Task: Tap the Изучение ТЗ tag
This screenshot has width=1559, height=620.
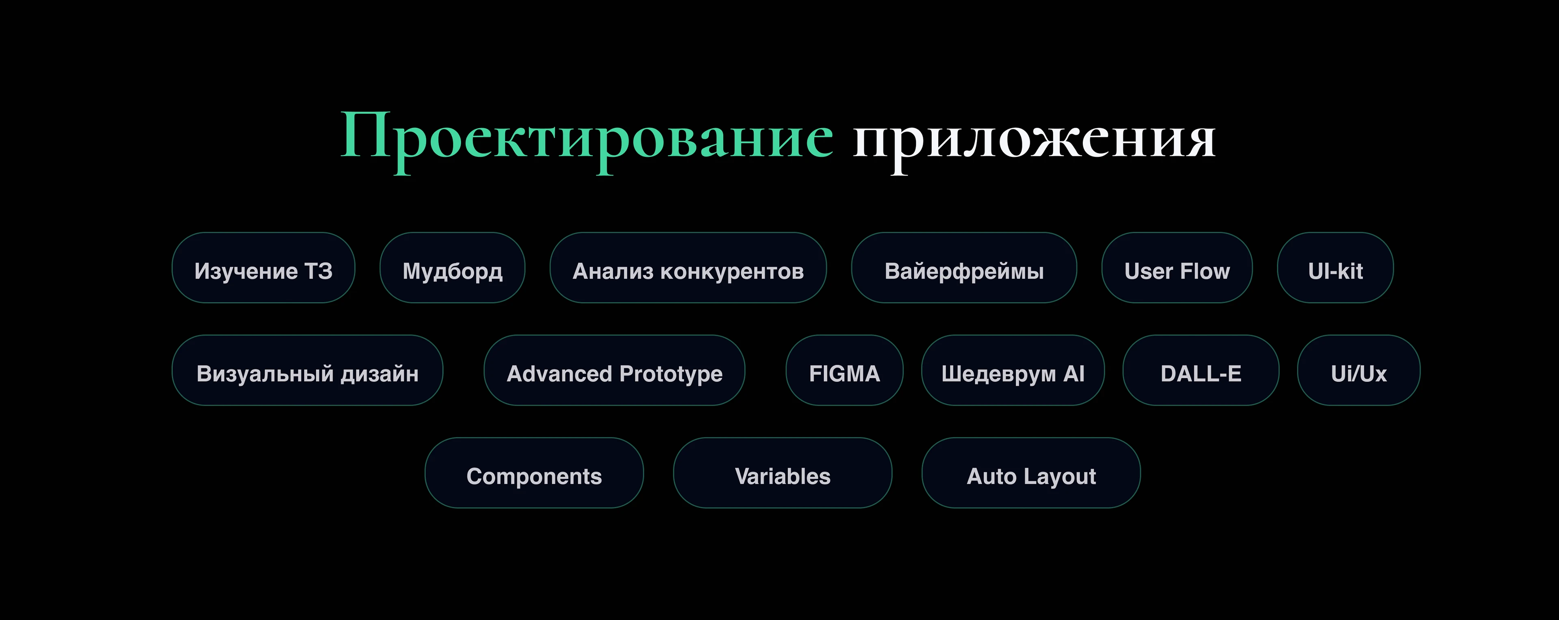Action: coord(263,268)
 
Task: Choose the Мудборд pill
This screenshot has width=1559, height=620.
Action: coord(452,268)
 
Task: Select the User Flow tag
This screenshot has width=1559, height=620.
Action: coord(1177,268)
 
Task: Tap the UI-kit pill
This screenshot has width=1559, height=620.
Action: coord(1335,268)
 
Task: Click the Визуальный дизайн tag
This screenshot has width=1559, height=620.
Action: coord(307,371)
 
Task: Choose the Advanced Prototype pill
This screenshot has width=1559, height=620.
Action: coord(614,371)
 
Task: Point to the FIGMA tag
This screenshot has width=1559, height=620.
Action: coord(844,371)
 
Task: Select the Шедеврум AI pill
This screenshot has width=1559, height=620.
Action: coord(1013,371)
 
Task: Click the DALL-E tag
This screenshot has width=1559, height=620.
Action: coord(1201,371)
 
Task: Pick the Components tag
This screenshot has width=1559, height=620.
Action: coord(534,473)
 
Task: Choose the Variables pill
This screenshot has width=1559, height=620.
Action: coord(782,473)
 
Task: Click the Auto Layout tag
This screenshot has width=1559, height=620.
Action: coord(1031,473)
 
